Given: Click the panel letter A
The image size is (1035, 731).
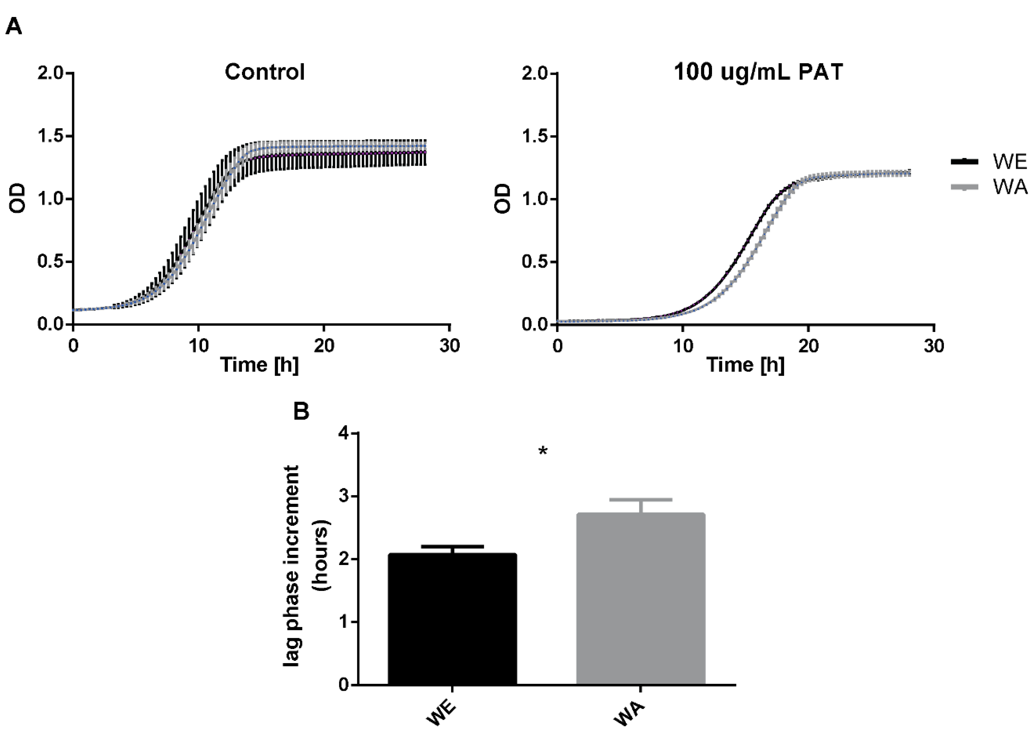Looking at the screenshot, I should tap(14, 27).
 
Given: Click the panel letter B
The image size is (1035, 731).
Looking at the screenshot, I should tap(301, 411).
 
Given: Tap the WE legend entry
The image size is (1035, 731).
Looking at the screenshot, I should tap(1009, 161).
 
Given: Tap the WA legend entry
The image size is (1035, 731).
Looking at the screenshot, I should tap(1009, 186).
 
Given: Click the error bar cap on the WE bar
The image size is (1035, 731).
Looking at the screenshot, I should tap(452, 546).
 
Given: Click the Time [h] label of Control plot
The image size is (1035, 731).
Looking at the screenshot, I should tap(259, 364).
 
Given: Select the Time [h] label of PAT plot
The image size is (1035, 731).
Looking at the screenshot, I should tap(745, 364).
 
